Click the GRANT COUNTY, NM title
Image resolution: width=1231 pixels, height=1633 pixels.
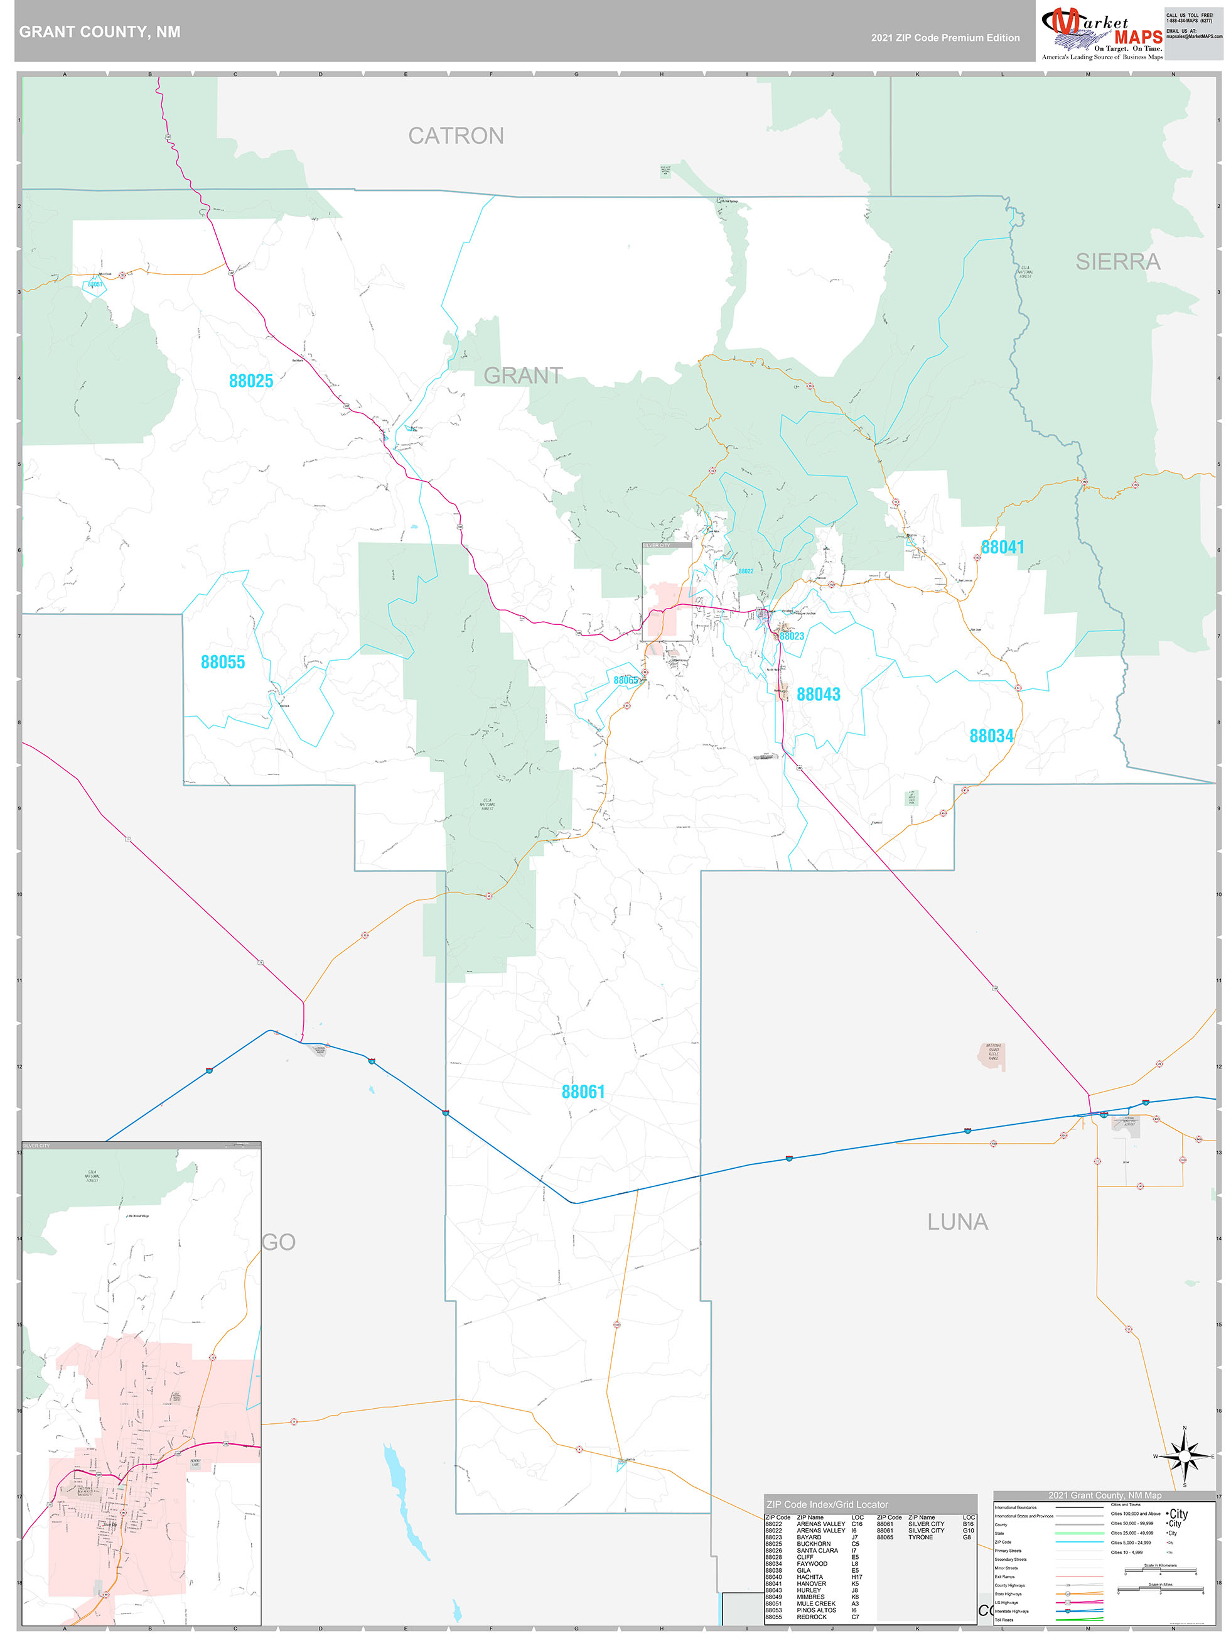[x=100, y=32]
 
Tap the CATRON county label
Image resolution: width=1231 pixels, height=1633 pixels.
[x=456, y=136]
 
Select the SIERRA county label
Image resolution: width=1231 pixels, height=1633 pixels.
[x=1117, y=261]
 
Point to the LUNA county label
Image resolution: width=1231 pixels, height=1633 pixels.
[x=957, y=1222]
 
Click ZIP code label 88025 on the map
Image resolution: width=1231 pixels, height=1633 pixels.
[x=251, y=381]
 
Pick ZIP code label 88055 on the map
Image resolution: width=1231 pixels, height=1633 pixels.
[x=223, y=662]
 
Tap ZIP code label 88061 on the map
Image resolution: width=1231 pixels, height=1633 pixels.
[x=583, y=1091]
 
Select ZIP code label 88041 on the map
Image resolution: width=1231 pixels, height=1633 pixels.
[x=1003, y=547]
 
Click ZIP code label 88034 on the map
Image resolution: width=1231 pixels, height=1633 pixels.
[x=991, y=735]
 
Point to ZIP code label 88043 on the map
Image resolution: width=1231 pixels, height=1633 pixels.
[x=819, y=694]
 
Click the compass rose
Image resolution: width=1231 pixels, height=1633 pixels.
[x=1185, y=1457]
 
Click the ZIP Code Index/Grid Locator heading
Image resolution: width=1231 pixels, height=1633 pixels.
[x=827, y=1504]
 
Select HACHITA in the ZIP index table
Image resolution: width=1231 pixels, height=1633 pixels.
[x=810, y=1577]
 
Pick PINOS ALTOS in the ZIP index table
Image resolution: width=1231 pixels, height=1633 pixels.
[x=816, y=1610]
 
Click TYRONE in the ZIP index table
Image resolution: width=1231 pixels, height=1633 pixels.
[x=920, y=1537]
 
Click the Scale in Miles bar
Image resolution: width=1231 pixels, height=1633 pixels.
[x=1160, y=1591]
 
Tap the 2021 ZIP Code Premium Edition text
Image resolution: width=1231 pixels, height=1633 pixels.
[x=945, y=38]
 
